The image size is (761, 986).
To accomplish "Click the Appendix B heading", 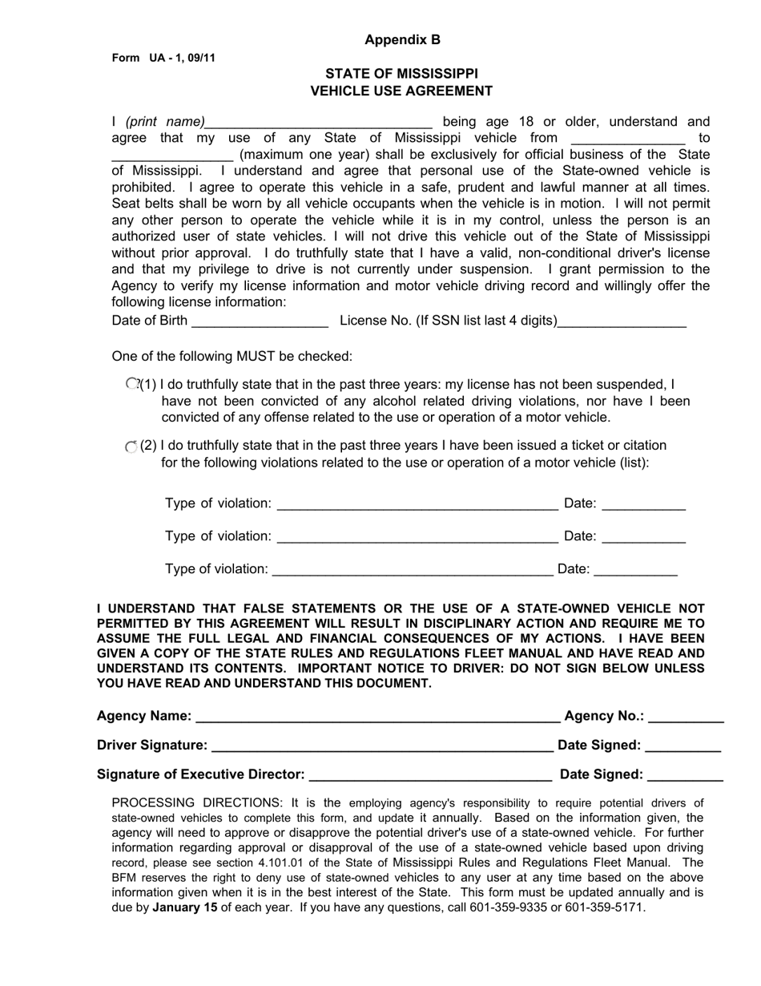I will pyautogui.click(x=402, y=39).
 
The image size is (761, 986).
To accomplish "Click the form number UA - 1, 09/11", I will pyautogui.click(x=163, y=58).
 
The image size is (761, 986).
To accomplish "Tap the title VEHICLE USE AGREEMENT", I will pyautogui.click(x=401, y=91).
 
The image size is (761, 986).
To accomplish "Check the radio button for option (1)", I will pyautogui.click(x=132, y=384).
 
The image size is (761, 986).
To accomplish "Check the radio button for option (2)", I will pyautogui.click(x=131, y=446).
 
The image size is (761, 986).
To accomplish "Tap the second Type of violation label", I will pyautogui.click(x=218, y=535).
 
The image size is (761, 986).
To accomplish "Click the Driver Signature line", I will pyautogui.click(x=381, y=746).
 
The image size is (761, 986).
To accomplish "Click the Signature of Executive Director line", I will pyautogui.click(x=430, y=775).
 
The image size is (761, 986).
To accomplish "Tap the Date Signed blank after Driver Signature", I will pyautogui.click(x=683, y=746).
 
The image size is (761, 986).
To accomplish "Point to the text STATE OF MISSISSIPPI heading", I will pyautogui.click(x=401, y=73).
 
